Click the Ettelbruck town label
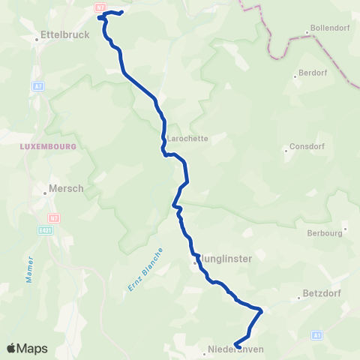pos(66,34)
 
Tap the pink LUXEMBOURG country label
pos(49,146)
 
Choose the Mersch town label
pos(66,189)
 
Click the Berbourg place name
pos(325,233)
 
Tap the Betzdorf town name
pos(322,294)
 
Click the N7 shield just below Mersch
pos(54,217)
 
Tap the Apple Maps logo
pos(27,349)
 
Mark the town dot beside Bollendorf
pos(307,32)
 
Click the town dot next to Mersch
pos(45,193)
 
